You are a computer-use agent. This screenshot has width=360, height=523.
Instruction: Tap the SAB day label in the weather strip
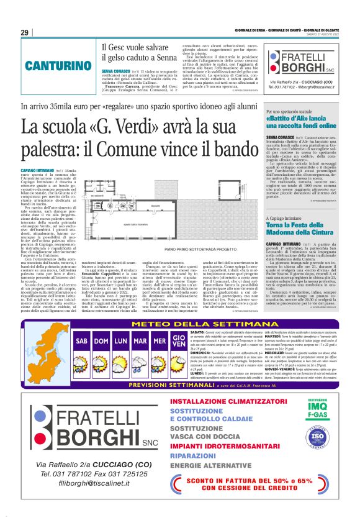[x=81, y=342]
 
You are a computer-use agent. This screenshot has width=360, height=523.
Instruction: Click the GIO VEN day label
[x=179, y=342]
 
